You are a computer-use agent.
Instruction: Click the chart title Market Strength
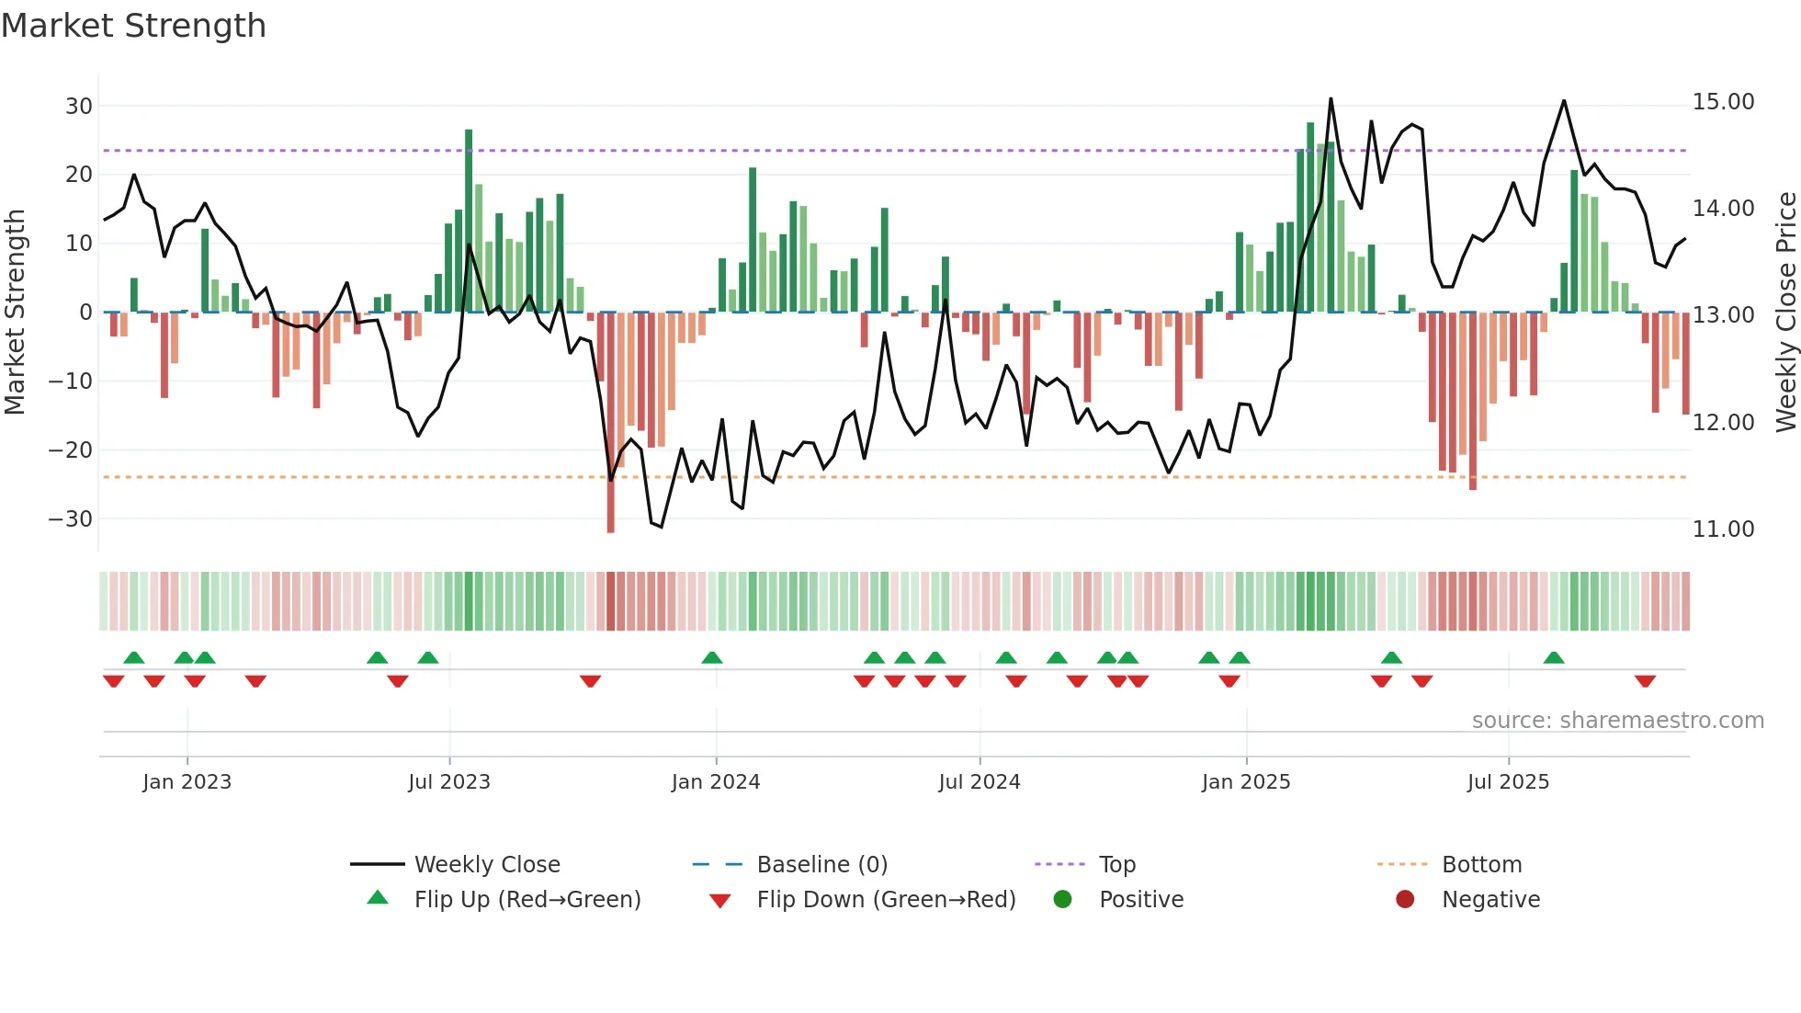[x=133, y=26]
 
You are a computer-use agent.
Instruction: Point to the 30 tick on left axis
[x=78, y=106]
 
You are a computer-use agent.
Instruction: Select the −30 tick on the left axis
[x=71, y=518]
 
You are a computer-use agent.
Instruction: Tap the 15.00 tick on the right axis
[x=1723, y=102]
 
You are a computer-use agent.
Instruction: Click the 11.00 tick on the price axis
[x=1723, y=529]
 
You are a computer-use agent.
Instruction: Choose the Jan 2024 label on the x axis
[x=716, y=782]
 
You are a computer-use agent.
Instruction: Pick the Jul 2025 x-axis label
[x=1508, y=782]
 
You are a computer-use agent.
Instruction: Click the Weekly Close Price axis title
[x=1785, y=313]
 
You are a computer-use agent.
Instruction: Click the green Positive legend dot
[x=1062, y=900]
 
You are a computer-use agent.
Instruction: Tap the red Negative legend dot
[x=1405, y=900]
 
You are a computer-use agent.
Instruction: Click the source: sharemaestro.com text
[x=1617, y=721]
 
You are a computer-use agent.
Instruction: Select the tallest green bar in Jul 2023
[x=469, y=221]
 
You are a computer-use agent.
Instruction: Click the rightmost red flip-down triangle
[x=1645, y=681]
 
